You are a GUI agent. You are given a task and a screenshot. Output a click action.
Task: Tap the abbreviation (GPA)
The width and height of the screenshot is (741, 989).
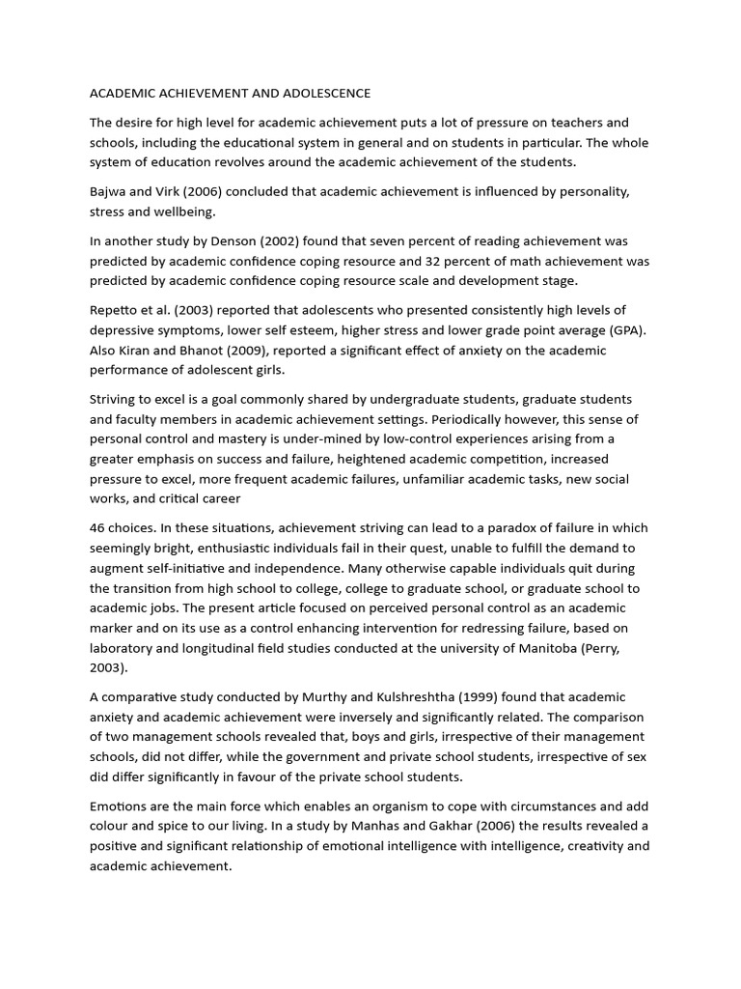pyautogui.click(x=624, y=329)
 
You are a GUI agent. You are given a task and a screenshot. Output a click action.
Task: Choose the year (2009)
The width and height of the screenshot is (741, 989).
pyautogui.click(x=266, y=350)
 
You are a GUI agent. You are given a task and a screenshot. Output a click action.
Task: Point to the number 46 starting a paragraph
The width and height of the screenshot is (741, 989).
pyautogui.click(x=98, y=528)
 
